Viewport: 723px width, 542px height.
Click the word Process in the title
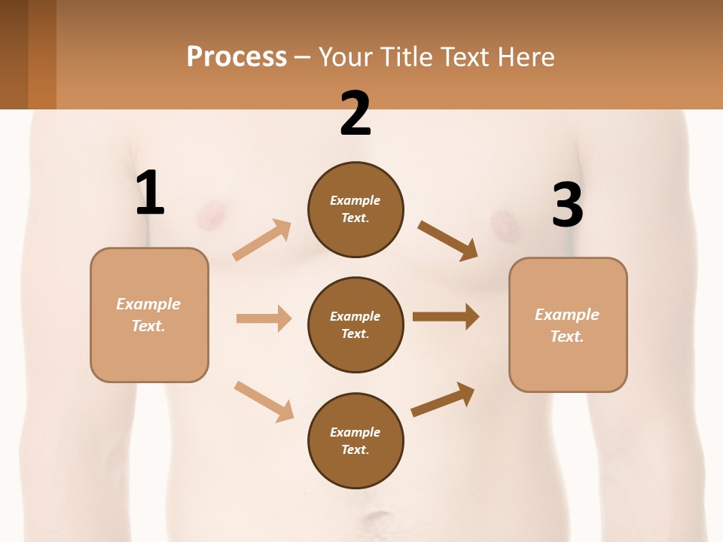pyautogui.click(x=236, y=56)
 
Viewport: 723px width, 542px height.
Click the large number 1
pyautogui.click(x=150, y=193)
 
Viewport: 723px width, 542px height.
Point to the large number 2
pyautogui.click(x=355, y=114)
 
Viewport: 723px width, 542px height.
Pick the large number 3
pyautogui.click(x=567, y=206)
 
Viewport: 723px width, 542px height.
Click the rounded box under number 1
pyautogui.click(x=149, y=315)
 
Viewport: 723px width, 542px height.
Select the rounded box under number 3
pyautogui.click(x=568, y=324)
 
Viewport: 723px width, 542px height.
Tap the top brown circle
pyautogui.click(x=355, y=209)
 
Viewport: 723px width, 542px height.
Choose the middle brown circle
pyautogui.click(x=355, y=324)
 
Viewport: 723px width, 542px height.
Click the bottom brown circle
pyautogui.click(x=355, y=440)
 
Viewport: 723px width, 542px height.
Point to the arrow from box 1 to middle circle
pyautogui.click(x=264, y=318)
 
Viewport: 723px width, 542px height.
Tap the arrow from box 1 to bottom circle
pyautogui.click(x=264, y=401)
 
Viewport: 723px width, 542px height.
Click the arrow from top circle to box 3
pyautogui.click(x=447, y=240)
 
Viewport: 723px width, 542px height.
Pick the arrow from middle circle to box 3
pyautogui.click(x=446, y=317)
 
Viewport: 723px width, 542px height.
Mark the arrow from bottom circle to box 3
pyautogui.click(x=443, y=400)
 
